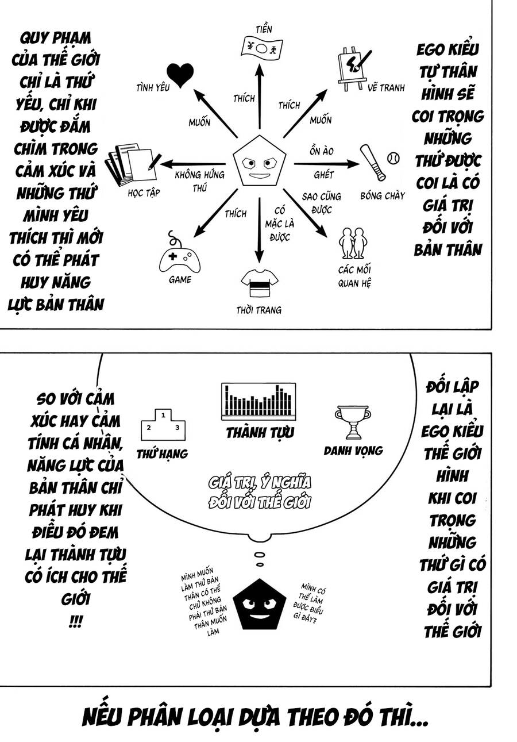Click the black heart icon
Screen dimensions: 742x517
tap(180, 75)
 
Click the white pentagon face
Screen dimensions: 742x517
tap(259, 162)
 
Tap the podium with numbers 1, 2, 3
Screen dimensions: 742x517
tap(163, 425)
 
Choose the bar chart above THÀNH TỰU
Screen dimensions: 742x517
tap(258, 401)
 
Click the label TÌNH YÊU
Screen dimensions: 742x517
tap(152, 88)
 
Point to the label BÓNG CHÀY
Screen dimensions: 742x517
tap(383, 195)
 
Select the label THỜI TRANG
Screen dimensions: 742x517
tap(259, 310)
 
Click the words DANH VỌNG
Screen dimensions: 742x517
tap(353, 451)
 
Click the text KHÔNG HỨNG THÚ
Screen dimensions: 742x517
tap(199, 181)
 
